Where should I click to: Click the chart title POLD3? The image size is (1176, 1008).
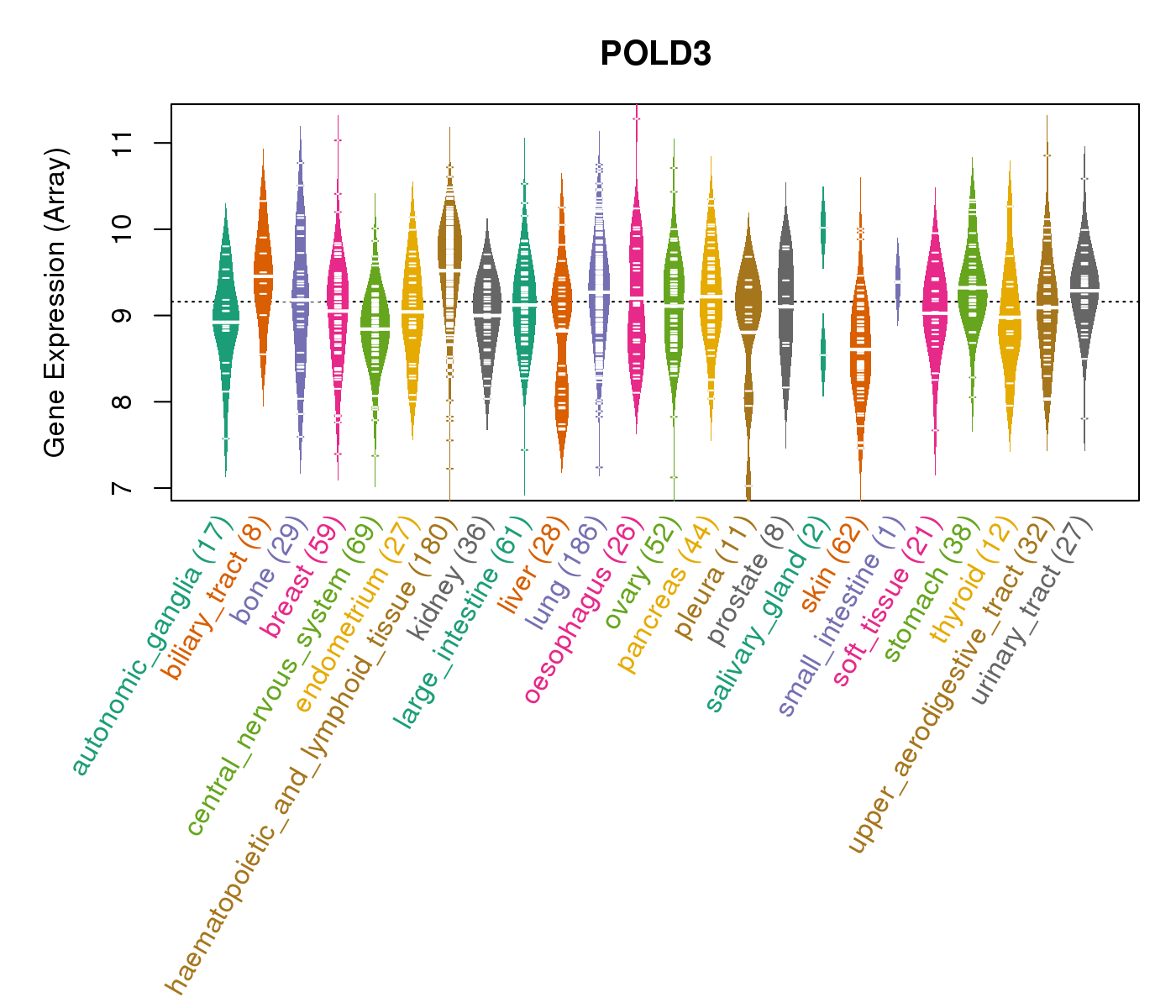tap(655, 54)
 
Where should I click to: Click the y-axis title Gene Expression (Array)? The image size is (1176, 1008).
tap(55, 302)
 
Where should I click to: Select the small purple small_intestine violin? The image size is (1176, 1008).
tap(897, 281)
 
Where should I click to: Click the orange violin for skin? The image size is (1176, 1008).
tap(860, 344)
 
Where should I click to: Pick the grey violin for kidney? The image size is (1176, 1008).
tap(487, 311)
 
